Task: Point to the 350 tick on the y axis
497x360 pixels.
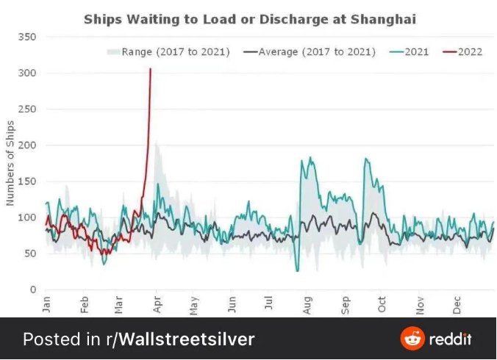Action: coord(27,37)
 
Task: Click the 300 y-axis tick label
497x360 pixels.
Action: coord(27,73)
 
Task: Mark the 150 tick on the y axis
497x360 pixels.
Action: coord(27,181)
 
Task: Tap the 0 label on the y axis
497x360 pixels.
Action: coord(33,289)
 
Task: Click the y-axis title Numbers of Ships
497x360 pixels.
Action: coord(10,163)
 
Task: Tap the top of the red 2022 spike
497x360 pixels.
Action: coord(151,69)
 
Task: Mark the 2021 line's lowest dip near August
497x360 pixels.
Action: coord(298,271)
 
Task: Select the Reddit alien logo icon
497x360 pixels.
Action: coord(412,339)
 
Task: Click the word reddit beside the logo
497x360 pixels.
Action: coord(451,339)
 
